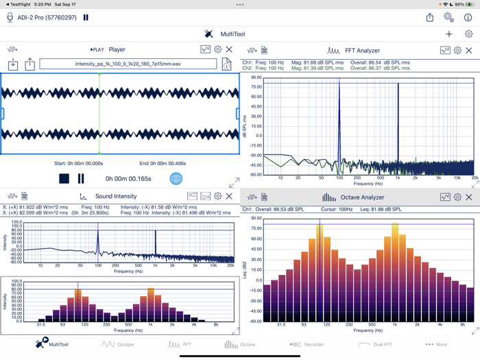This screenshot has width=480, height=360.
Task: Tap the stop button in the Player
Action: (x=64, y=178)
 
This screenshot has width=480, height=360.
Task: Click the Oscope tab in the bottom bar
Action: (x=117, y=344)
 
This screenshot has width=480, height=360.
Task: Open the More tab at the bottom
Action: (x=436, y=344)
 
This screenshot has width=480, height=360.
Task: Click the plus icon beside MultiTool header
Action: (x=449, y=34)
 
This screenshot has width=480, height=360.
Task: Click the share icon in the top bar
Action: (x=430, y=17)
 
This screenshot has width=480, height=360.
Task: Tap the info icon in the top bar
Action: (x=468, y=17)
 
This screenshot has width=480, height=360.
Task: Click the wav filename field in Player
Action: (x=128, y=64)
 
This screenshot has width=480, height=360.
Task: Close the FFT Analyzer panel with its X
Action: (x=469, y=50)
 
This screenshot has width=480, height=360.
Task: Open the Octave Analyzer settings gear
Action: (x=457, y=197)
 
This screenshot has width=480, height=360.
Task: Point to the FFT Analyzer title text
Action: (x=363, y=50)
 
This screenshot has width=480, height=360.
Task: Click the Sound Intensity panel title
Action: (x=116, y=196)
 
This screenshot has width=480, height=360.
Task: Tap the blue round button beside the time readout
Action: (x=176, y=178)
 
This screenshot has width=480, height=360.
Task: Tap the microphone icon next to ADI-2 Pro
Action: (x=10, y=17)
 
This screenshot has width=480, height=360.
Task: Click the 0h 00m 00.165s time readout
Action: (x=128, y=179)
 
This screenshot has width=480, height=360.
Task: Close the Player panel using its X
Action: (x=230, y=49)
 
